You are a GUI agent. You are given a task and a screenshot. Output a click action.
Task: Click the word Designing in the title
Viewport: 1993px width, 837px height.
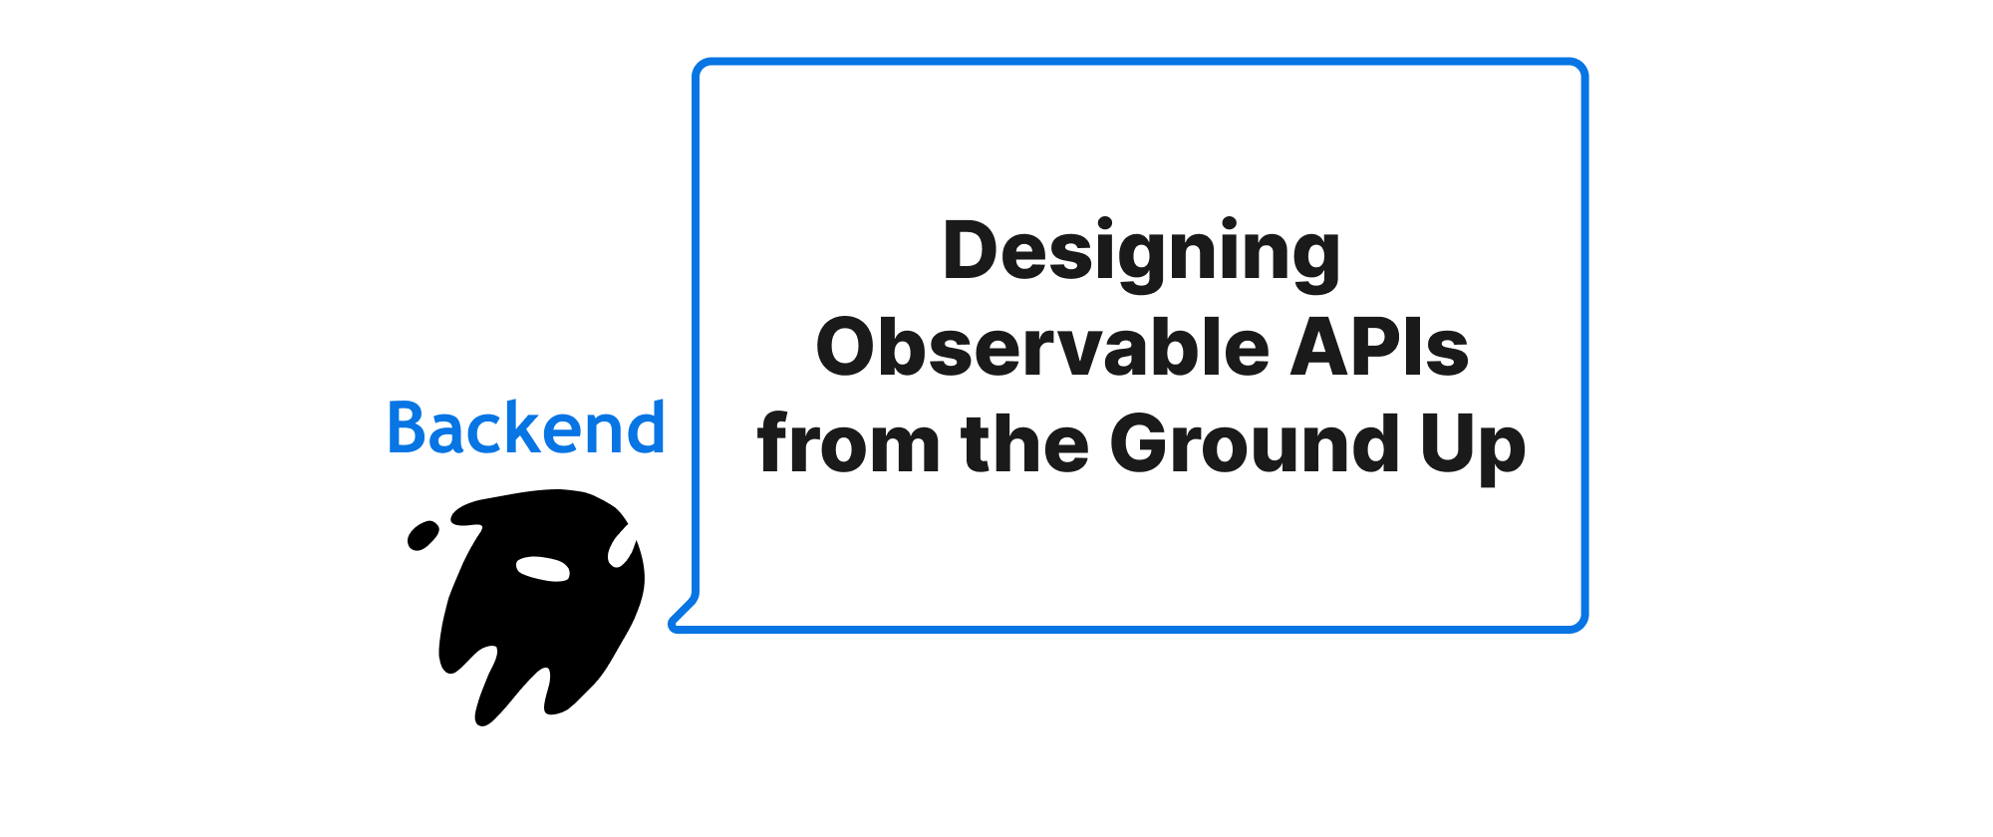(x=1141, y=253)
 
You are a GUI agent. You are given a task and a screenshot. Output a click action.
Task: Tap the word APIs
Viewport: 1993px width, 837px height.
(x=1380, y=347)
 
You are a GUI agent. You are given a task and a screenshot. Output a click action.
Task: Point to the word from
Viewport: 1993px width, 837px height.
(x=848, y=442)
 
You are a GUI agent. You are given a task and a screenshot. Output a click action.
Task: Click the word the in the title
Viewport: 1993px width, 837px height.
(x=1024, y=442)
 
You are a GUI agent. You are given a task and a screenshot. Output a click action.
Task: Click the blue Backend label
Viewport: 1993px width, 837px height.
(x=526, y=427)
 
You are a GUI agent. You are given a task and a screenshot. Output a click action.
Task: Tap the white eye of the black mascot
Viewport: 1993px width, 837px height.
(x=542, y=569)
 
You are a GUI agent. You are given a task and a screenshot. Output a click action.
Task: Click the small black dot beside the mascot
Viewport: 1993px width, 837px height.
(x=423, y=535)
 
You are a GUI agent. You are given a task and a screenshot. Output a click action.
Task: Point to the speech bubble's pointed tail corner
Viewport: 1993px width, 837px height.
(x=672, y=626)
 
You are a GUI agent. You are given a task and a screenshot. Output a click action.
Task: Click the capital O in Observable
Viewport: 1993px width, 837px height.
(x=848, y=347)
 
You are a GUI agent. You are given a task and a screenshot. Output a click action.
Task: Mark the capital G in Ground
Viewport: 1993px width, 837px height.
(x=1142, y=442)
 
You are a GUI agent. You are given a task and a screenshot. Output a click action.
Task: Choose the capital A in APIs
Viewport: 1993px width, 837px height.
(x=1321, y=347)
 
